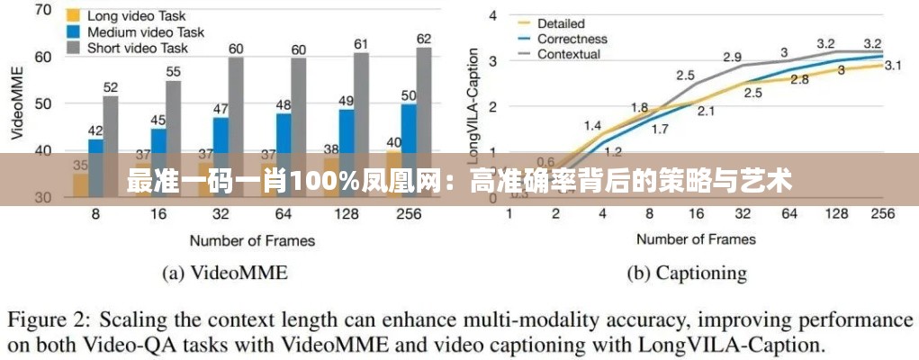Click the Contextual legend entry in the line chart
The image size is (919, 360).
(569, 54)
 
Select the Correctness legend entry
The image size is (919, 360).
(572, 39)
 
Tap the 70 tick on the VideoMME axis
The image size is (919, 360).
(41, 10)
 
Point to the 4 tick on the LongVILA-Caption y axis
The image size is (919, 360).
(493, 14)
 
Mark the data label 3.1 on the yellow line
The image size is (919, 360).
(894, 65)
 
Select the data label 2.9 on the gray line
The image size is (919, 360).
(733, 58)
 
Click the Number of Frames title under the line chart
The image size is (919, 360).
(696, 238)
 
